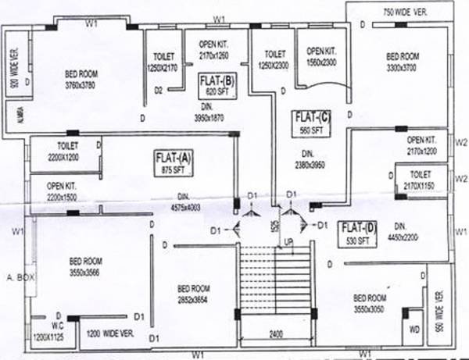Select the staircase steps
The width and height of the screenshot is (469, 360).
[x=277, y=281]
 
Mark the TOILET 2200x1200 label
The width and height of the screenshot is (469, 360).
[x=68, y=151]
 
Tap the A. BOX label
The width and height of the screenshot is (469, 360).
[x=19, y=277]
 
